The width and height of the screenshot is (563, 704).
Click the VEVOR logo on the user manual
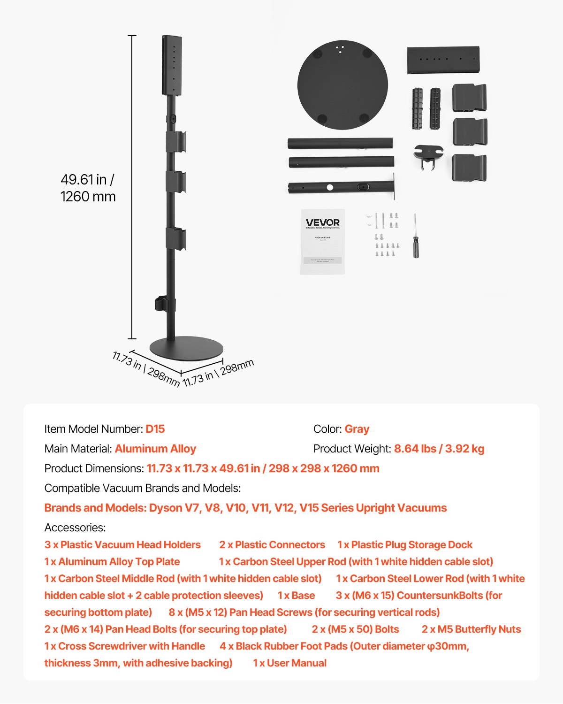click(x=323, y=222)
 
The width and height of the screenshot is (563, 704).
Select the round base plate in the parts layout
click(x=342, y=85)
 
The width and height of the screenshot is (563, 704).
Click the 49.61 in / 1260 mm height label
click(x=88, y=188)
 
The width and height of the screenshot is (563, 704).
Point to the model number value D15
click(x=155, y=429)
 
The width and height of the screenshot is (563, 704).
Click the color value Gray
click(x=357, y=429)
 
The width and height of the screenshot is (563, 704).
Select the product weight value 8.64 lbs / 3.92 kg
click(x=439, y=449)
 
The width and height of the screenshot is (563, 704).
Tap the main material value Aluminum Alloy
click(x=155, y=449)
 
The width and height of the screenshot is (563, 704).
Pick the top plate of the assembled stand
click(x=172, y=65)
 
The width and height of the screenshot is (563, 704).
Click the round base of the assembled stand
click(x=186, y=349)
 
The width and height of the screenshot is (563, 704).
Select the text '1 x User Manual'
click(x=289, y=663)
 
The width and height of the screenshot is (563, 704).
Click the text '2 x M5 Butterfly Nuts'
click(x=471, y=629)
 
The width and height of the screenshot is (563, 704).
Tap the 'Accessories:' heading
click(x=75, y=528)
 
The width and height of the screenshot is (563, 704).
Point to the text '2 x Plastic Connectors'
click(x=272, y=544)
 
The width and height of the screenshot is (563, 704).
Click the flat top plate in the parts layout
click(x=443, y=60)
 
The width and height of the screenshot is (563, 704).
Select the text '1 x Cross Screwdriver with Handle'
click(x=125, y=646)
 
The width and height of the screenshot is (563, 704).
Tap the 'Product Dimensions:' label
click(x=94, y=468)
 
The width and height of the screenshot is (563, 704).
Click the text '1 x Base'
click(x=296, y=595)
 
